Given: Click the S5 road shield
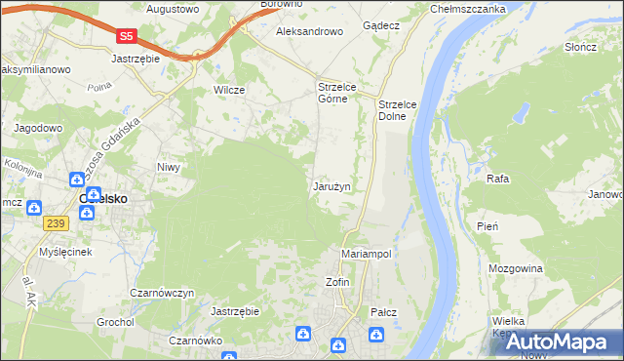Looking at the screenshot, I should [125, 36].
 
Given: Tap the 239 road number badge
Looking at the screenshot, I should [55, 223].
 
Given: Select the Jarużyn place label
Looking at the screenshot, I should [331, 186].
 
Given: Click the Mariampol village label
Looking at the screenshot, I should [367, 254].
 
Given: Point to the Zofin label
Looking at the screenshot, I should [336, 282].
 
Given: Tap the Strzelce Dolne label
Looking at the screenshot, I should [398, 109].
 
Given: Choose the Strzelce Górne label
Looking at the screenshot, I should [339, 93].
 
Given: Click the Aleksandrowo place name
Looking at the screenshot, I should [310, 31].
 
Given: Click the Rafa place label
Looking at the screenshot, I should [498, 180].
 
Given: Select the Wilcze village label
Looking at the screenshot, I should [228, 90].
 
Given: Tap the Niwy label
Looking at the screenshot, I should [170, 167].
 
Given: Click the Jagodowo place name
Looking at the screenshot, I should [38, 128].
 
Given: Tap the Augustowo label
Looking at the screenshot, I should [172, 9].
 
